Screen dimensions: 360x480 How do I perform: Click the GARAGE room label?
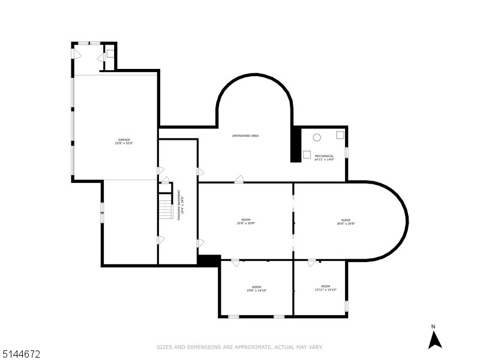pos(124,140)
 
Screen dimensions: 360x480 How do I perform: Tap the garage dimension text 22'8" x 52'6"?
pos(124,143)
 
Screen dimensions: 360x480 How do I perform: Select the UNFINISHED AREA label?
pos(245,136)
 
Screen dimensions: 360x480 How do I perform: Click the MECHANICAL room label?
pos(324,156)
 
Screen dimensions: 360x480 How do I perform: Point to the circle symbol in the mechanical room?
pos(317,137)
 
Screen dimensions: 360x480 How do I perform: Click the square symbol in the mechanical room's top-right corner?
pos(340,135)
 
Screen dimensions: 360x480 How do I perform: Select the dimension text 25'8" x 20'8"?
pos(246,224)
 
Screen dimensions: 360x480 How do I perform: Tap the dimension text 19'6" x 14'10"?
pos(257,290)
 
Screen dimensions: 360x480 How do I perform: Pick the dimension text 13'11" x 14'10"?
pos(325,290)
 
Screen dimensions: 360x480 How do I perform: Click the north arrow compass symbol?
pos(434,340)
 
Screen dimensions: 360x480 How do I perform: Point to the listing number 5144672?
pos(22,355)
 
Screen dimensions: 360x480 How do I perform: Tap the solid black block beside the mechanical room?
pos(296,144)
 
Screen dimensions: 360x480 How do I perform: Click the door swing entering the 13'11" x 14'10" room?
pos(312,263)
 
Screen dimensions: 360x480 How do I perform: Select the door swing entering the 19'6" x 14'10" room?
pos(235,263)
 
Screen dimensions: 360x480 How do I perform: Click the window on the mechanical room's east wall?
pos(346,152)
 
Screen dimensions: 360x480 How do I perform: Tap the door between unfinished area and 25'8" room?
pos(239,179)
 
